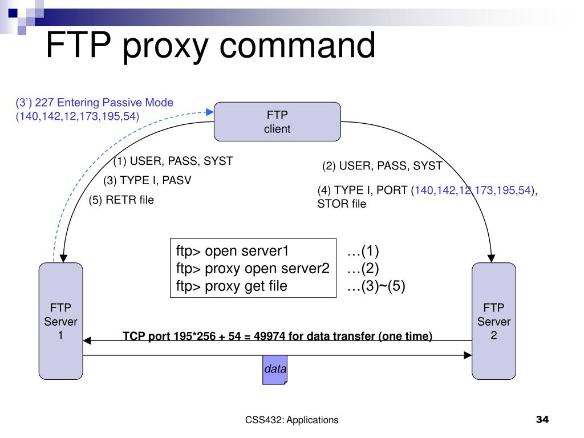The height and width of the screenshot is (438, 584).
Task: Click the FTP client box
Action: [277, 121]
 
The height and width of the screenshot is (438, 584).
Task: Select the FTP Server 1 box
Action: [60, 322]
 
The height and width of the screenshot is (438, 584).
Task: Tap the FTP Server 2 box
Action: [494, 322]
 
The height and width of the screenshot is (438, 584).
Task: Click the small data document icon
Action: [274, 370]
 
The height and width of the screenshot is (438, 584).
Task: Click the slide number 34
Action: [542, 420]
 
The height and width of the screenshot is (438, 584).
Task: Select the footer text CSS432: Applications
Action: [292, 420]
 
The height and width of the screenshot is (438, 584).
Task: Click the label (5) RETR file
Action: [121, 200]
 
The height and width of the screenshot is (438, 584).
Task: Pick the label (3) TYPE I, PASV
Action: [147, 181]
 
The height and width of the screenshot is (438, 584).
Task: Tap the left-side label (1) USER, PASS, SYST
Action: [173, 161]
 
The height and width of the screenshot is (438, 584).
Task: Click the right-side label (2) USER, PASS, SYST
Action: [382, 166]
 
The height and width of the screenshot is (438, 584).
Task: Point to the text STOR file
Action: [342, 204]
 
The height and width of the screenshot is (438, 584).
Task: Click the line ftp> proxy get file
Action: [232, 286]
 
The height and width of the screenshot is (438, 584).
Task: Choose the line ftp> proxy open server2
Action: [253, 269]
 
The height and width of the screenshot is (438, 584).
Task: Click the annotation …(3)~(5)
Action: [376, 286]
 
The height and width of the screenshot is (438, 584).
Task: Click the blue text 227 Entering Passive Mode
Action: [104, 103]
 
